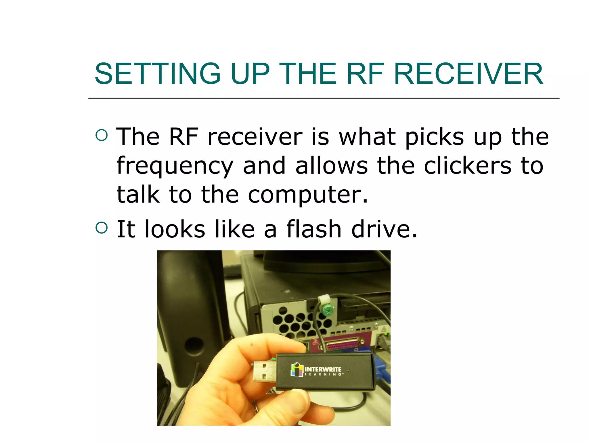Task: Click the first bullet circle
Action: click(102, 135)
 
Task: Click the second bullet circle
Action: click(102, 228)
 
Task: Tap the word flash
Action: click(313, 229)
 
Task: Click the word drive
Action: click(384, 229)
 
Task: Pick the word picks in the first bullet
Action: click(434, 137)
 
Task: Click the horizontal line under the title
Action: click(324, 98)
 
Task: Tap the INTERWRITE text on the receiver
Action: click(323, 369)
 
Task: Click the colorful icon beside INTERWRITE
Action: click(297, 370)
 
